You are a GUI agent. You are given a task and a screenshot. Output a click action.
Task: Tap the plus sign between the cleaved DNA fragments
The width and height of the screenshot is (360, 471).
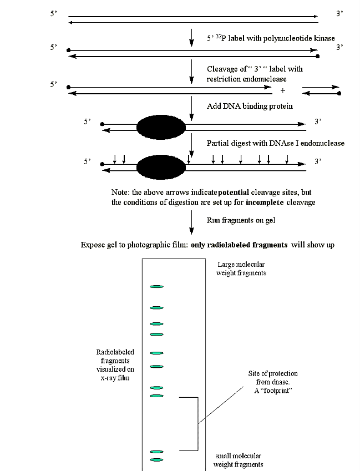(283, 90)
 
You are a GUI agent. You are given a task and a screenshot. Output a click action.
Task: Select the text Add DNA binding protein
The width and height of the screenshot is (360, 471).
(242, 106)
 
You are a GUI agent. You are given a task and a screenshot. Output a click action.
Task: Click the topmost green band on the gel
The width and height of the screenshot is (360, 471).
(156, 287)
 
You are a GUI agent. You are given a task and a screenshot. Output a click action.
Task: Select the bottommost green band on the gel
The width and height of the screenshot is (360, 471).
(156, 460)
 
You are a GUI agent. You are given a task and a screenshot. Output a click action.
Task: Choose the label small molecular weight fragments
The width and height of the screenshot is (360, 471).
(238, 460)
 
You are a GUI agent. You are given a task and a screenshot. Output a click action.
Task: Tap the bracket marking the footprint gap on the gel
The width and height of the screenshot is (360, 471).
(197, 424)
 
